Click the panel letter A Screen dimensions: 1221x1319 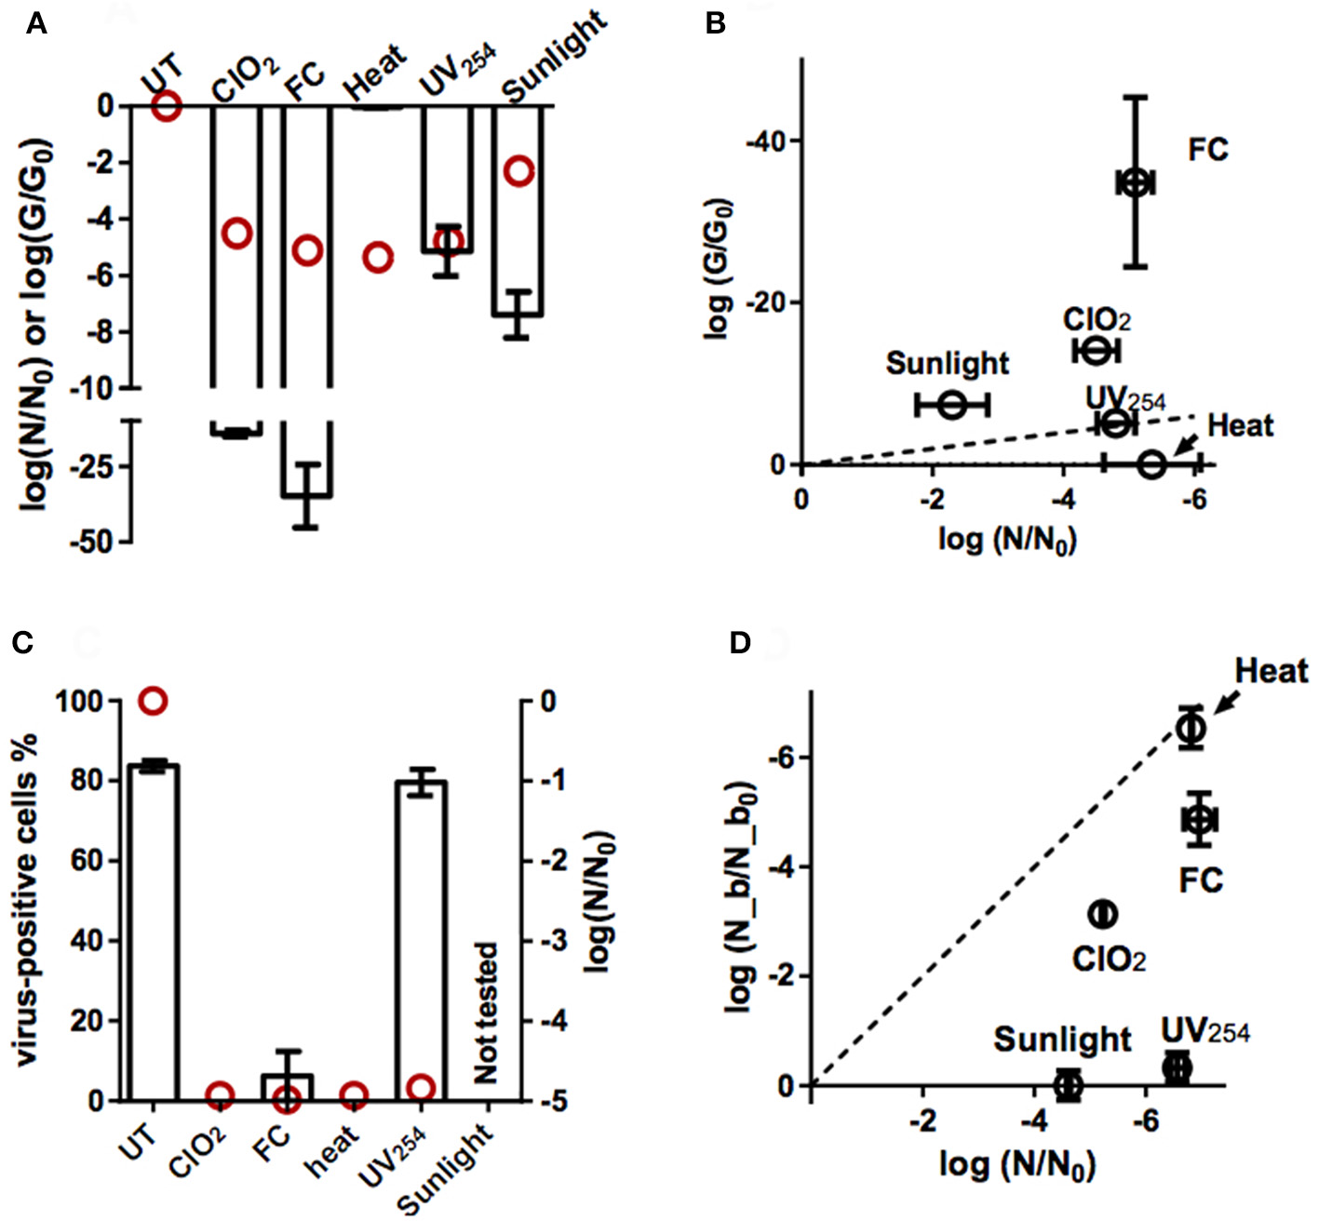[x=35, y=23]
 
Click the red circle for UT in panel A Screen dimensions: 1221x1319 [x=167, y=106]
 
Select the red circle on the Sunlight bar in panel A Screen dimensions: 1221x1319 [x=519, y=171]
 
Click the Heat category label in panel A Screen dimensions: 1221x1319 [x=375, y=72]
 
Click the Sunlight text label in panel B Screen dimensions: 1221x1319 [x=947, y=363]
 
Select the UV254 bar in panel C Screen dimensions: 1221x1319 [x=422, y=940]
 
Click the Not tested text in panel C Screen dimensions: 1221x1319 [x=486, y=1013]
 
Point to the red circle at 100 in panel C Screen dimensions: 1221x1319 [x=154, y=700]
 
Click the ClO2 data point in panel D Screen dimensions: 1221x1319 [x=1103, y=914]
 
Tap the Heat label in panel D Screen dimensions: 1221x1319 [x=1271, y=671]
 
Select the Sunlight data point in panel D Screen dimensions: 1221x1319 [x=1068, y=1084]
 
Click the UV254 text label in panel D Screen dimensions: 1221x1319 [x=1205, y=1031]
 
